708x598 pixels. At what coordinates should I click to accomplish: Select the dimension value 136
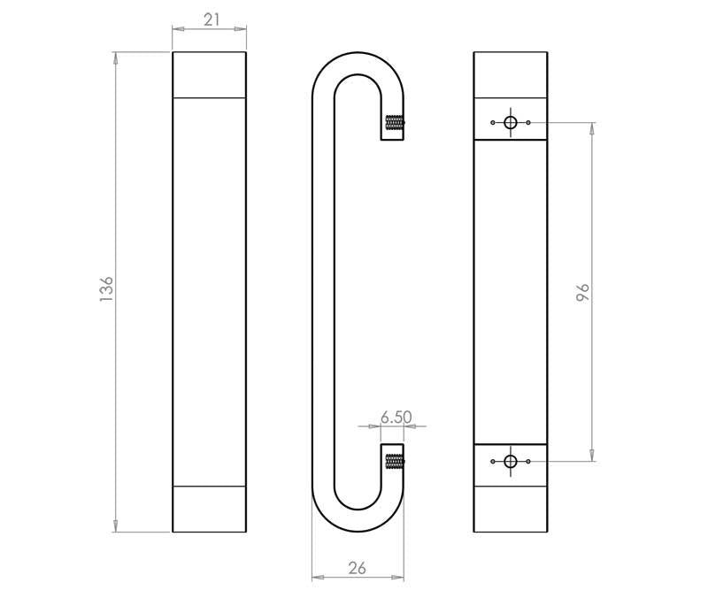click(107, 290)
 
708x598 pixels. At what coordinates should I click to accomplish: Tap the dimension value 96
click(582, 293)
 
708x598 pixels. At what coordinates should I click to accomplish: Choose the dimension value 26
click(358, 569)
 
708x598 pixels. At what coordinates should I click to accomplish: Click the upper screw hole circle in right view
click(510, 123)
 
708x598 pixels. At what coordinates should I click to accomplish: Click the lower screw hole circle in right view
click(510, 461)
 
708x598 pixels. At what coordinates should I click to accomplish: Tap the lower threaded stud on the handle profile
click(395, 461)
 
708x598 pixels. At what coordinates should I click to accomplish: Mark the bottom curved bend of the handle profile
click(358, 521)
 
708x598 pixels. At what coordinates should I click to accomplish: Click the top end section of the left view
click(209, 74)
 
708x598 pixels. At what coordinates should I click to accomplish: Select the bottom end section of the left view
click(209, 509)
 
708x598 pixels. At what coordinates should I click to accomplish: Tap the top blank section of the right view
click(510, 74)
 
